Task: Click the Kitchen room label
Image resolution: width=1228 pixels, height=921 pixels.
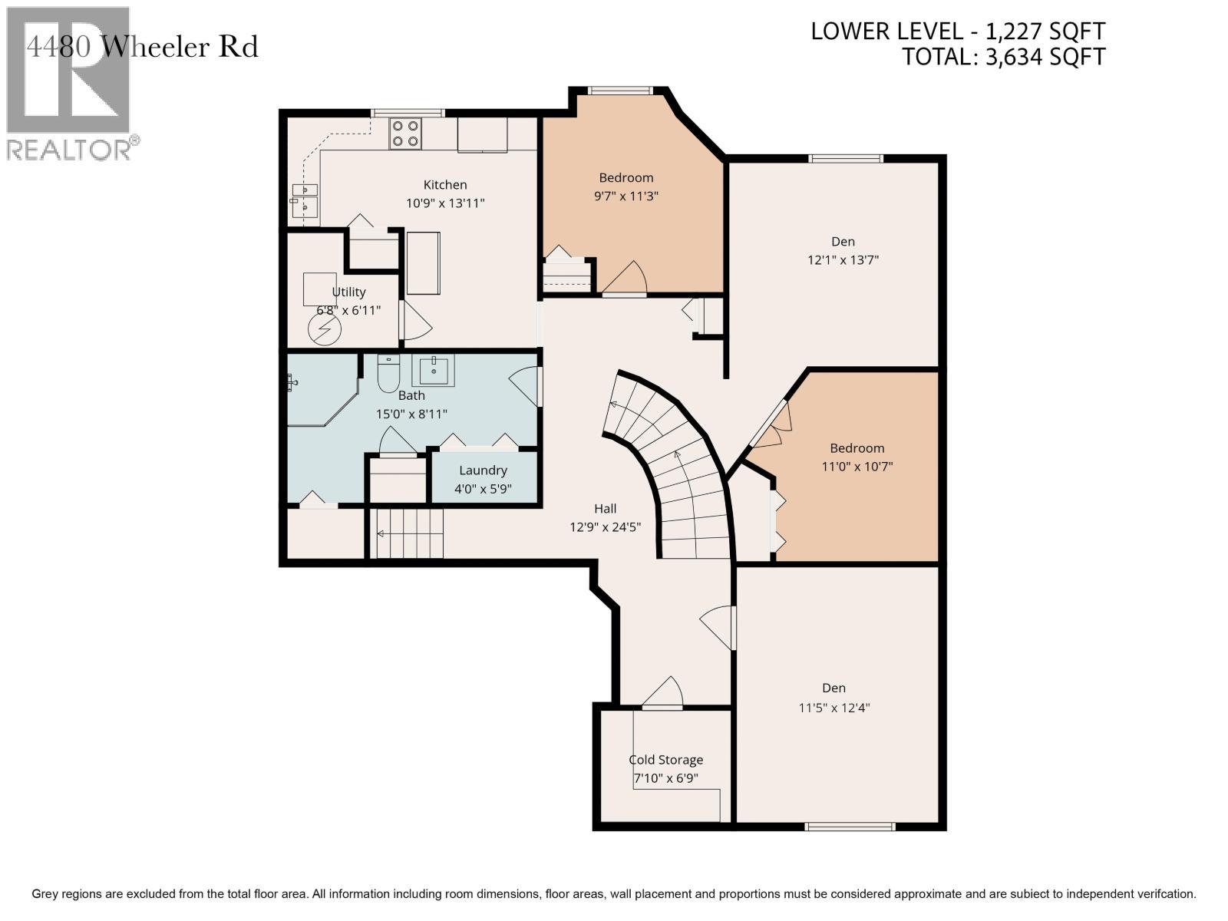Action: click(444, 184)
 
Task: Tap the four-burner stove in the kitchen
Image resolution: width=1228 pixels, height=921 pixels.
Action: click(405, 134)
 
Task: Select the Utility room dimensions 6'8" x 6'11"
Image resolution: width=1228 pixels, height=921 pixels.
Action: click(348, 310)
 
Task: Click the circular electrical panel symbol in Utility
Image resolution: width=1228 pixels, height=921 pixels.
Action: click(325, 330)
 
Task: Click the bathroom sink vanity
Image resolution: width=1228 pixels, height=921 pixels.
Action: click(434, 370)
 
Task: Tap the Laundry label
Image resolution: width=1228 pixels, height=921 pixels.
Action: click(483, 470)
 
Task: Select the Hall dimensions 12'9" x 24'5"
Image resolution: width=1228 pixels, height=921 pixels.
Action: click(606, 527)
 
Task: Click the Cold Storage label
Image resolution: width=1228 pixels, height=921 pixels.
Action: click(665, 760)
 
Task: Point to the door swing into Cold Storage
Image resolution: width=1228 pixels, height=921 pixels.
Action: click(662, 692)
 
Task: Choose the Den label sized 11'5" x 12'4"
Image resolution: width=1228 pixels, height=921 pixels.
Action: click(834, 688)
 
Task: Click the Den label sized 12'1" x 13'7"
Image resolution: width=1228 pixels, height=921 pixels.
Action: click(843, 242)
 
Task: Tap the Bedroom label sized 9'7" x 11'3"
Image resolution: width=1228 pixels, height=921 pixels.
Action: click(626, 178)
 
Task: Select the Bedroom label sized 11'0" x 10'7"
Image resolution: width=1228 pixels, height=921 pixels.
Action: click(857, 448)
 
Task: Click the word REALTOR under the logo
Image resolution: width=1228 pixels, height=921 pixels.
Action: click(68, 150)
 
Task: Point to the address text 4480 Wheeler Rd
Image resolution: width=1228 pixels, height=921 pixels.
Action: click(142, 47)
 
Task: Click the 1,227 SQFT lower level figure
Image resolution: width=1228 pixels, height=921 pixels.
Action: click(1045, 31)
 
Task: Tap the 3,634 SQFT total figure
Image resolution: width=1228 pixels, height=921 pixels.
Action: click(1045, 57)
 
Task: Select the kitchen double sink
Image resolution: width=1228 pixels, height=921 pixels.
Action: click(305, 200)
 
